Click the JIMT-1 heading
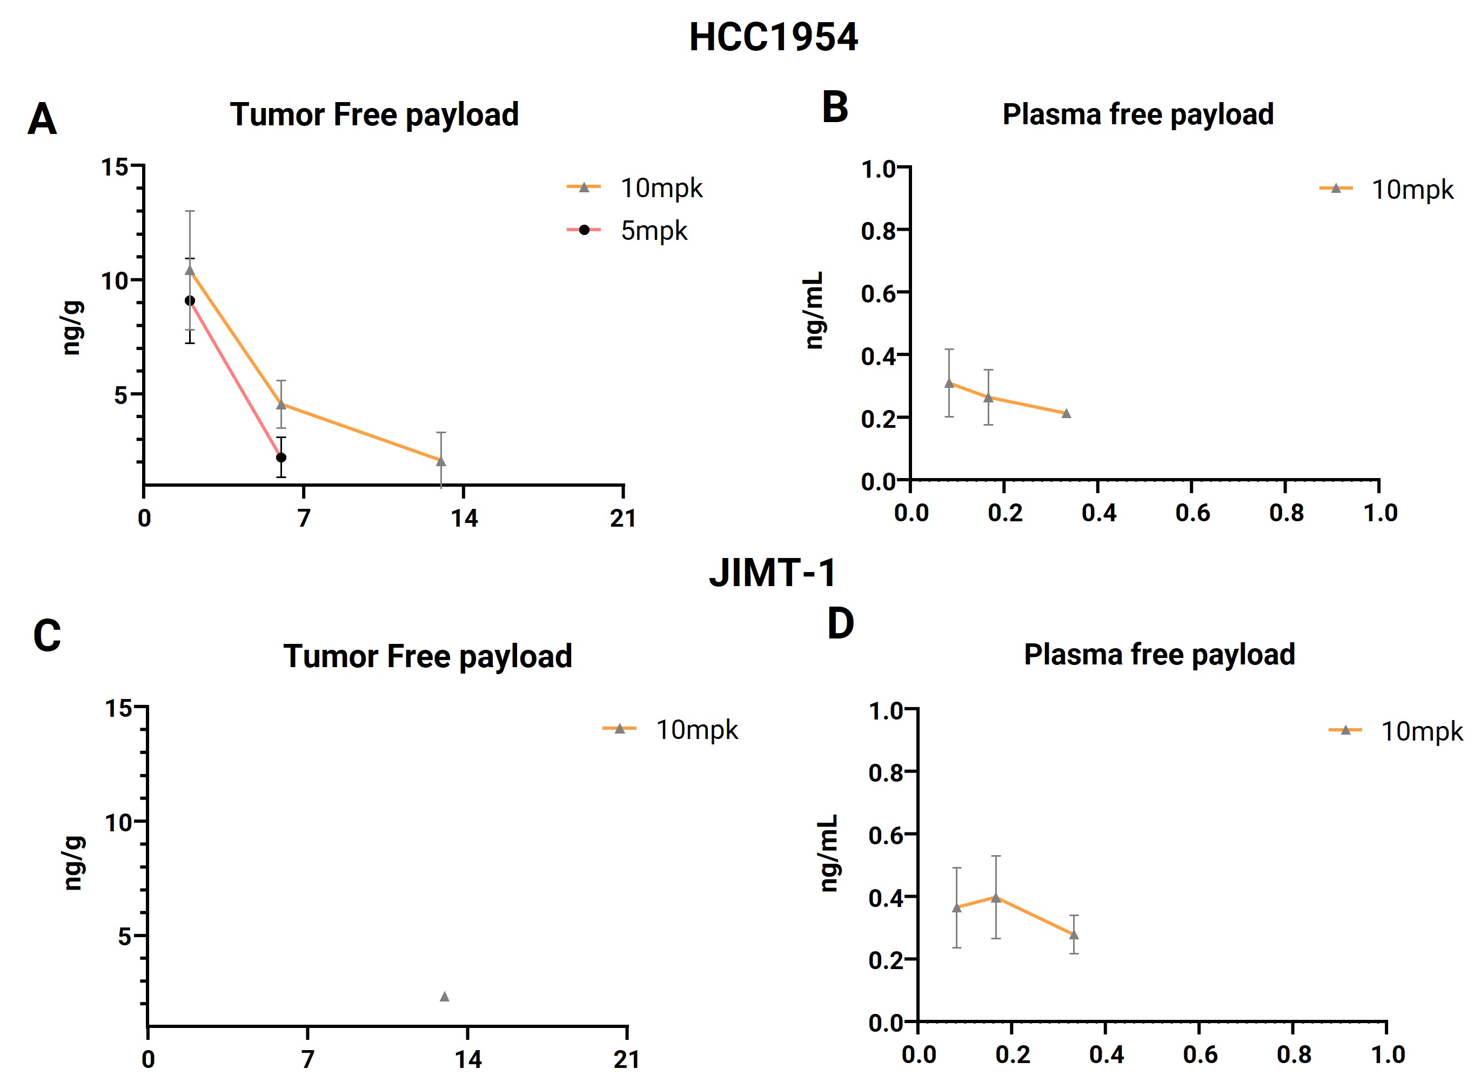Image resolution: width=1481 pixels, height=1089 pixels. [x=773, y=572]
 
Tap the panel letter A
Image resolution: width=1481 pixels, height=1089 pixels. [x=42, y=119]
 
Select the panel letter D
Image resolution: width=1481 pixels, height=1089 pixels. [x=840, y=623]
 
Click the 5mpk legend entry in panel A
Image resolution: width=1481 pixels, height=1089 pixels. [x=627, y=231]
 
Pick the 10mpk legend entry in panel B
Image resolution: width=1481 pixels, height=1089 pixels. [x=1386, y=189]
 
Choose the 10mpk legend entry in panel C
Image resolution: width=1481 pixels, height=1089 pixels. [x=671, y=730]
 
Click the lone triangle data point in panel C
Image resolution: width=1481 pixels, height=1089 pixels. [x=445, y=996]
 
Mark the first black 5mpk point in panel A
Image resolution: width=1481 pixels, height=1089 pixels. [x=190, y=300]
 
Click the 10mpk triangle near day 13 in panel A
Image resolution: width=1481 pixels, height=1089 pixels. [x=441, y=461]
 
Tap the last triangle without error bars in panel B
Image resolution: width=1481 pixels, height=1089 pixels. [x=1066, y=413]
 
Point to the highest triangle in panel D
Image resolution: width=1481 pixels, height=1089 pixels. [x=996, y=897]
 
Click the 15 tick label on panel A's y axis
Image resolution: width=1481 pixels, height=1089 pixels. [x=115, y=167]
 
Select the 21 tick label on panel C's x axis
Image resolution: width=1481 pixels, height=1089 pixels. [x=626, y=1059]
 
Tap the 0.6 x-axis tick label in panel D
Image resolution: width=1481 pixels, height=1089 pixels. [x=1199, y=1055]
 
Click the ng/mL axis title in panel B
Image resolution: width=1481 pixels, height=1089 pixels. [x=815, y=310]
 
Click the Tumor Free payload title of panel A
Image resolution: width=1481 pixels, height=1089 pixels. [x=374, y=115]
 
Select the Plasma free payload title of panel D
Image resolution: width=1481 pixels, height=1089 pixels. [x=1159, y=655]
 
